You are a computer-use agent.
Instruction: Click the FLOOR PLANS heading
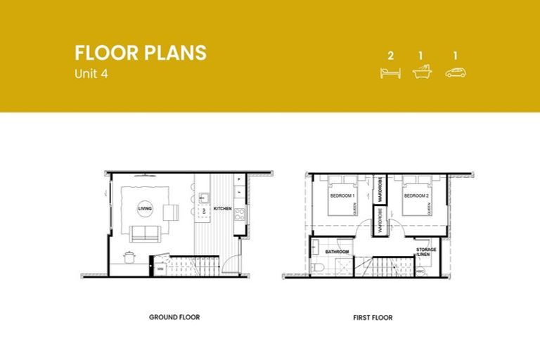pyautogui.click(x=141, y=53)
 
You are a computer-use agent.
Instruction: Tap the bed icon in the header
pyautogui.click(x=390, y=72)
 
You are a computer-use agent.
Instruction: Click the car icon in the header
pyautogui.click(x=456, y=72)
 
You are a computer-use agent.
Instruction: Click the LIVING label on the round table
pyautogui.click(x=145, y=209)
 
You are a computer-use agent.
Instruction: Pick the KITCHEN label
pyautogui.click(x=222, y=209)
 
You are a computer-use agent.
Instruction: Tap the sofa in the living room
pyautogui.click(x=144, y=233)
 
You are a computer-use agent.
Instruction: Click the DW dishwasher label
pyautogui.click(x=203, y=211)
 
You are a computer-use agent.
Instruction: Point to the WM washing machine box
pyautogui.click(x=160, y=268)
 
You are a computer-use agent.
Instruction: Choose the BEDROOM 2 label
pyautogui.click(x=416, y=195)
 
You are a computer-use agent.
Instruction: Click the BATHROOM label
pyautogui.click(x=337, y=250)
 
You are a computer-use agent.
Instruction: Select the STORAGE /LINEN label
pyautogui.click(x=426, y=252)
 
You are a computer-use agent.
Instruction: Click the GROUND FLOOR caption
pyautogui.click(x=174, y=317)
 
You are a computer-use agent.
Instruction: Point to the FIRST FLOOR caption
pyautogui.click(x=373, y=318)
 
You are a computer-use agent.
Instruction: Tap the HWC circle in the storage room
pyautogui.click(x=420, y=270)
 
